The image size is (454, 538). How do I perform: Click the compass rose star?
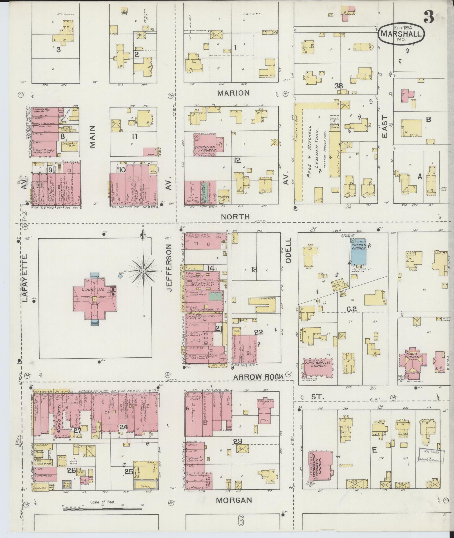pyautogui.click(x=143, y=271)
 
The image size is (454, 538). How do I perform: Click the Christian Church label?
pyautogui.click(x=205, y=149)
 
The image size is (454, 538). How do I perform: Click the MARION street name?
pyautogui.click(x=233, y=93)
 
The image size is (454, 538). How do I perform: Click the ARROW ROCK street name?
pyautogui.click(x=258, y=376)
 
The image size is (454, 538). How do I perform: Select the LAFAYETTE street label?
pyautogui.click(x=25, y=278)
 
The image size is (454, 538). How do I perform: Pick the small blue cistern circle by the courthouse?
pyautogui.click(x=120, y=276)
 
